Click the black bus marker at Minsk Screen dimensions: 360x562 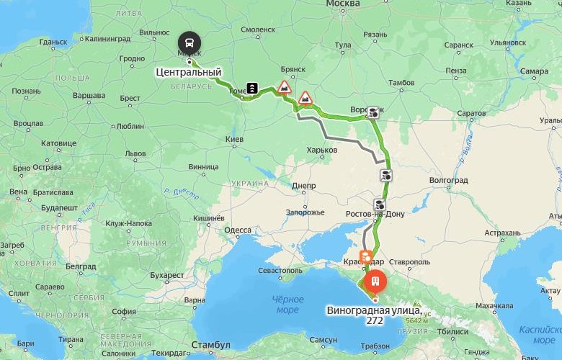click(190, 41)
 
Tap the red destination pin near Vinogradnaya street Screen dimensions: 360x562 click(375, 281)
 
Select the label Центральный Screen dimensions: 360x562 click(189, 72)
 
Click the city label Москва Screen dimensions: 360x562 click(343, 4)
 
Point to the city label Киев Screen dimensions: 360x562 click(235, 138)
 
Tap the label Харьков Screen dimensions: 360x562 click(322, 150)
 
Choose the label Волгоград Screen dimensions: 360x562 click(448, 179)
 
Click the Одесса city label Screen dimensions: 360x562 click(238, 230)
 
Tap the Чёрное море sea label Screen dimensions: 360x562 click(287, 304)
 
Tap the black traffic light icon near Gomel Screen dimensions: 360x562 click(254, 87)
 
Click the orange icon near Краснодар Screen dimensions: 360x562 click(366, 256)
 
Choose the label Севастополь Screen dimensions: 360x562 click(280, 270)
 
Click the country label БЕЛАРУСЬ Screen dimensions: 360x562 click(192, 86)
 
